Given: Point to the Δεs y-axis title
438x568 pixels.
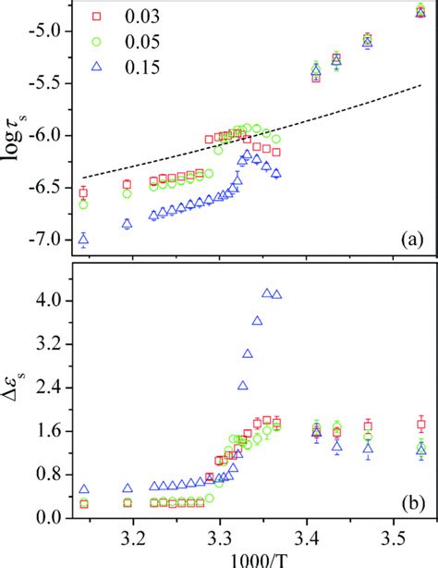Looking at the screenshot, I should click(x=19, y=389).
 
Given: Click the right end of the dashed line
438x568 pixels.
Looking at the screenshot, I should click(x=421, y=85).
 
